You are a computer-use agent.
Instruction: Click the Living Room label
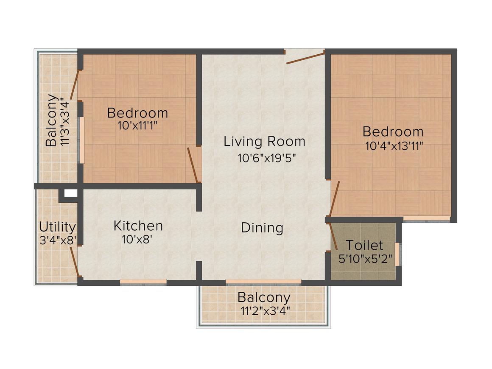pyautogui.click(x=264, y=141)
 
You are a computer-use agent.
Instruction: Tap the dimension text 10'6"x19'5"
pyautogui.click(x=266, y=158)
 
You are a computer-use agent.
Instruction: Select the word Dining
pyautogui.click(x=262, y=228)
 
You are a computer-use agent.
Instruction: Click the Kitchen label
pyautogui.click(x=138, y=226)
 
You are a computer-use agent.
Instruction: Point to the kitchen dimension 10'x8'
pyautogui.click(x=137, y=240)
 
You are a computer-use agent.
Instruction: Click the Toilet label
pyautogui.click(x=364, y=245)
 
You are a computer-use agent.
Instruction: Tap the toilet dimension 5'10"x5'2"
pyautogui.click(x=365, y=258)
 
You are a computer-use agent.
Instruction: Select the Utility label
pyautogui.click(x=57, y=227)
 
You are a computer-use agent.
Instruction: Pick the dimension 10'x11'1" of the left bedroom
pyautogui.click(x=137, y=126)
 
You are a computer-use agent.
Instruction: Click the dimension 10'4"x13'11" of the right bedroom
pyautogui.click(x=394, y=146)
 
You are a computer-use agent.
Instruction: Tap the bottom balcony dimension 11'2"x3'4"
pyautogui.click(x=264, y=311)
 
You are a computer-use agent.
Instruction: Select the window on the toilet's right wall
pyautogui.click(x=397, y=254)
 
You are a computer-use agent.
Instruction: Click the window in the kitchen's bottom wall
pyautogui.click(x=143, y=281)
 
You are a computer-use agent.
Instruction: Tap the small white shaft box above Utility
pyautogui.click(x=70, y=193)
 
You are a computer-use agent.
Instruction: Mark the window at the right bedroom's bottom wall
pyautogui.click(x=426, y=218)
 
